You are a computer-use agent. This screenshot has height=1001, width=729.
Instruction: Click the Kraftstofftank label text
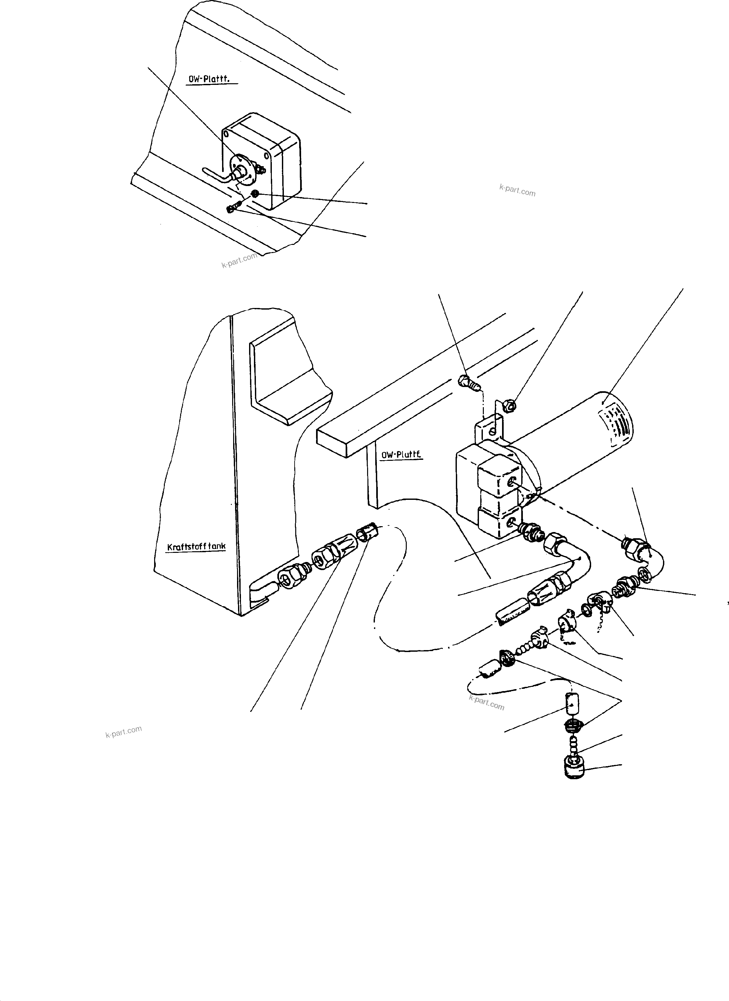pyautogui.click(x=196, y=546)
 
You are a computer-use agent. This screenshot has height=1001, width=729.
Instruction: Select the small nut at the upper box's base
pyautogui.click(x=255, y=194)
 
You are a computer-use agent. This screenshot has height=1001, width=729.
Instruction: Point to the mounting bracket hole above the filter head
pyautogui.click(x=496, y=426)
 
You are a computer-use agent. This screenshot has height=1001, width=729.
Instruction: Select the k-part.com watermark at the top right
pyautogui.click(x=517, y=191)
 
